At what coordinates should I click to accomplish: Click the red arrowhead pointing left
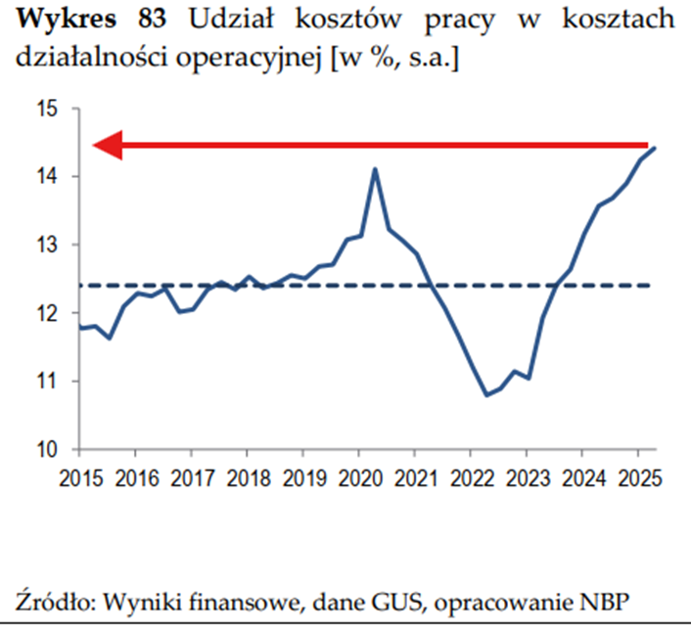(x=108, y=146)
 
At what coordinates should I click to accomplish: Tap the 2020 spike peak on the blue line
(x=374, y=168)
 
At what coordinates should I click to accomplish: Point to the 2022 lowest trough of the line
(x=486, y=395)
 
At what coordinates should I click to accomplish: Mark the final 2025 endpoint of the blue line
(x=655, y=148)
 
